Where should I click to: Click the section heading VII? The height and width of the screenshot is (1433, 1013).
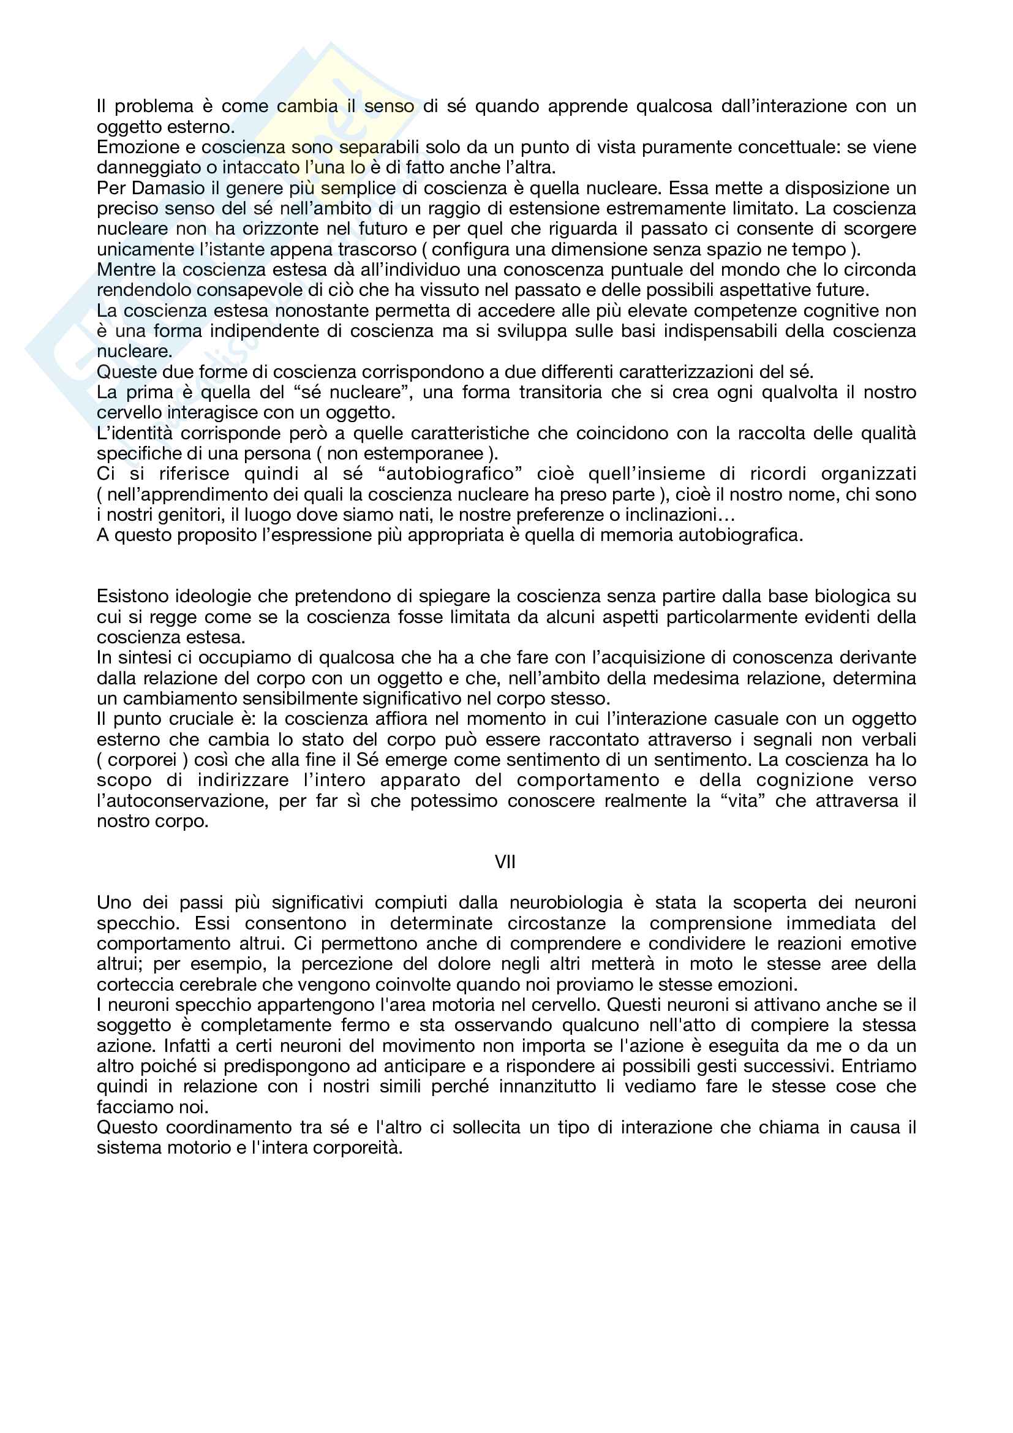[x=505, y=862]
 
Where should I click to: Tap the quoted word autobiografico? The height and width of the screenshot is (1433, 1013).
[x=450, y=474]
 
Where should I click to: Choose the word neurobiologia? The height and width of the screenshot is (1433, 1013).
[x=567, y=902]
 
